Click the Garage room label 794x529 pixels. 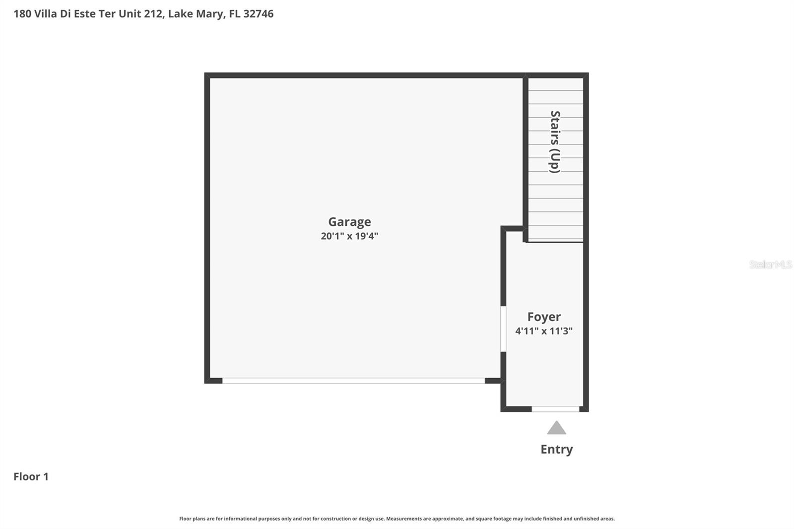pyautogui.click(x=349, y=222)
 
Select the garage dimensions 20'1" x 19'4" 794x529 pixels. pyautogui.click(x=349, y=236)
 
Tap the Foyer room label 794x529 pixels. pyautogui.click(x=544, y=317)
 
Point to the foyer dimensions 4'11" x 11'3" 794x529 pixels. pyautogui.click(x=544, y=331)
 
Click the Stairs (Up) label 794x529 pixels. pyautogui.click(x=555, y=142)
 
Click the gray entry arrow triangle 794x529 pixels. pyautogui.click(x=556, y=428)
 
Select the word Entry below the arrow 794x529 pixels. pyautogui.click(x=556, y=450)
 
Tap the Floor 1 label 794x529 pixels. pyautogui.click(x=31, y=476)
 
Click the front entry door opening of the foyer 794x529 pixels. pyautogui.click(x=555, y=409)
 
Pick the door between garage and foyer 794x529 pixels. pyautogui.click(x=503, y=329)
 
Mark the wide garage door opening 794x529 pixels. pyautogui.click(x=353, y=381)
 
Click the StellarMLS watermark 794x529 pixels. pyautogui.click(x=771, y=264)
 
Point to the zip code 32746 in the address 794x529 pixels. pyautogui.click(x=259, y=14)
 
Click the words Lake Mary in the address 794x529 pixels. pyautogui.click(x=196, y=14)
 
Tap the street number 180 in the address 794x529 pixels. pyautogui.click(x=22, y=14)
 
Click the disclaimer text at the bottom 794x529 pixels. pyautogui.click(x=397, y=519)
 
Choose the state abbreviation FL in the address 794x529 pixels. pyautogui.click(x=234, y=14)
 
